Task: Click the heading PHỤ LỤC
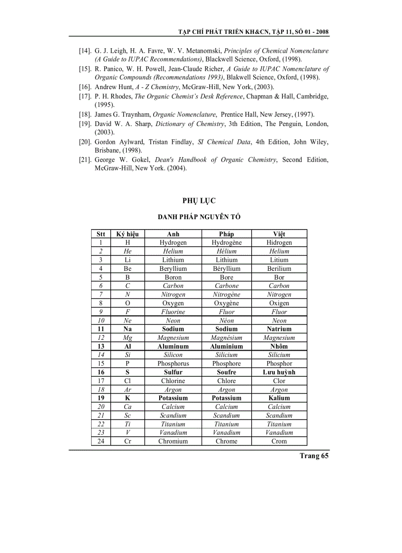(x=199, y=200)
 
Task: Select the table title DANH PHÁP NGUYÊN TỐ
(x=199, y=217)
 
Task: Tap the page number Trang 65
(x=314, y=455)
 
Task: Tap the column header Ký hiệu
(x=127, y=234)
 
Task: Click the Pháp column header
(x=226, y=234)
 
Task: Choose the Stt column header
(x=100, y=234)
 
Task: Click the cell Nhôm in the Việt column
(x=279, y=346)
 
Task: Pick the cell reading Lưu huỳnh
(x=279, y=372)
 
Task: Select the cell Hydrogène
(x=226, y=242)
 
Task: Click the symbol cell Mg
(x=127, y=338)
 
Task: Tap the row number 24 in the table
(x=100, y=441)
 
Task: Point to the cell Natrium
(x=279, y=329)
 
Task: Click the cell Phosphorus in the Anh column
(x=173, y=363)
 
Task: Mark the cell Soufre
(x=226, y=372)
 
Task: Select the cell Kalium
(x=279, y=398)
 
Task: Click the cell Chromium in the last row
(x=173, y=441)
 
